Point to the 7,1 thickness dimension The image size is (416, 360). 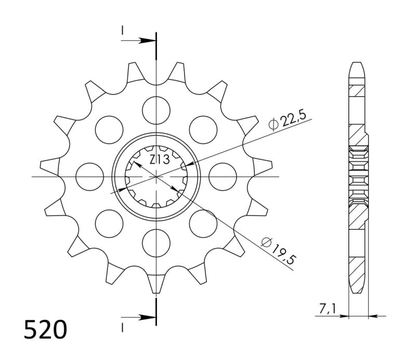[327, 310]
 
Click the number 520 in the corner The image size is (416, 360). [45, 330]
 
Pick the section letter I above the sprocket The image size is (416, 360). [123, 32]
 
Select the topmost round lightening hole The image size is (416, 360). [156, 110]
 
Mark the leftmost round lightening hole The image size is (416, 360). [89, 177]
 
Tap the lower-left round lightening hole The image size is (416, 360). [109, 223]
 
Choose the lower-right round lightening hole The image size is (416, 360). [203, 223]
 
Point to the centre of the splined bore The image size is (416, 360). [156, 177]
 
